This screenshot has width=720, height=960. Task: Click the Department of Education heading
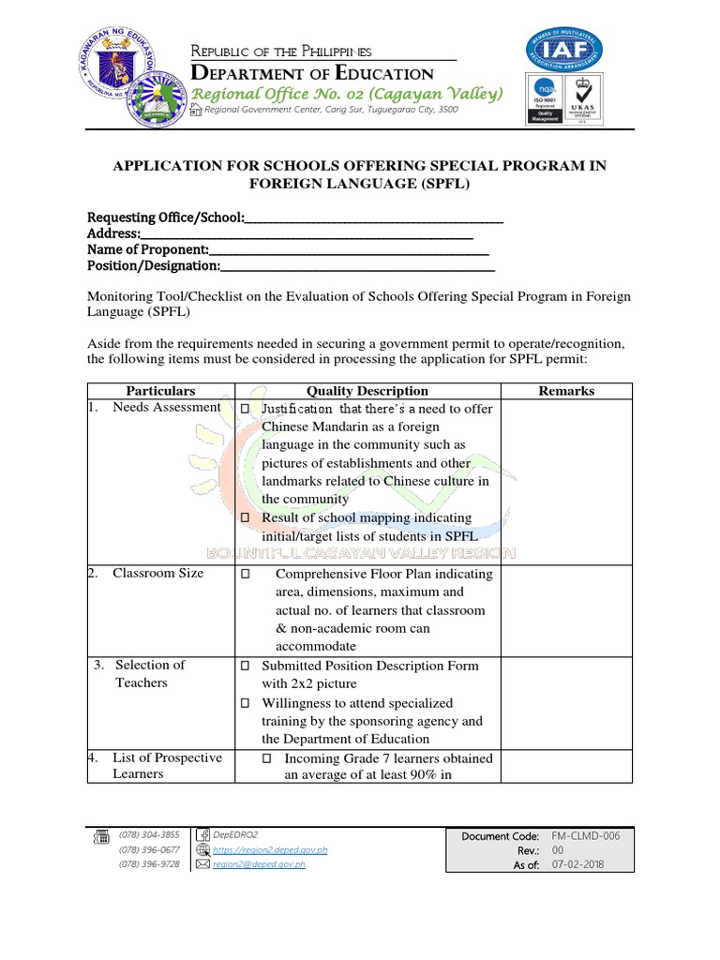[312, 73]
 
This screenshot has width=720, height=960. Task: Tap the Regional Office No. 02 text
[347, 94]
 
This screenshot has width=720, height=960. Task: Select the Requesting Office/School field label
[166, 217]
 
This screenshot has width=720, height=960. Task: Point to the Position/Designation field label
[154, 265]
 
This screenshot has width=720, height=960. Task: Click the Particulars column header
[161, 391]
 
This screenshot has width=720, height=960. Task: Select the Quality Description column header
[367, 391]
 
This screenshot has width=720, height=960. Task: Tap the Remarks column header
[566, 391]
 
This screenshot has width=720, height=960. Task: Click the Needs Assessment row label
[166, 407]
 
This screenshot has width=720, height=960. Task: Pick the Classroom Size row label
[157, 573]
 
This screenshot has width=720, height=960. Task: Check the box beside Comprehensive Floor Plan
[245, 574]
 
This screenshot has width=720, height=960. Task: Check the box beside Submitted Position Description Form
[245, 666]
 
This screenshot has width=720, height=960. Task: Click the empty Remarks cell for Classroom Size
[566, 609]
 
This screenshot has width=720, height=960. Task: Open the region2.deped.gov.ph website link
[270, 849]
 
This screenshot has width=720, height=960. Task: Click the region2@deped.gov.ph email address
[259, 864]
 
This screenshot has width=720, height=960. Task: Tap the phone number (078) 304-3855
[149, 834]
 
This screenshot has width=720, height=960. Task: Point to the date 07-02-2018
[578, 864]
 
